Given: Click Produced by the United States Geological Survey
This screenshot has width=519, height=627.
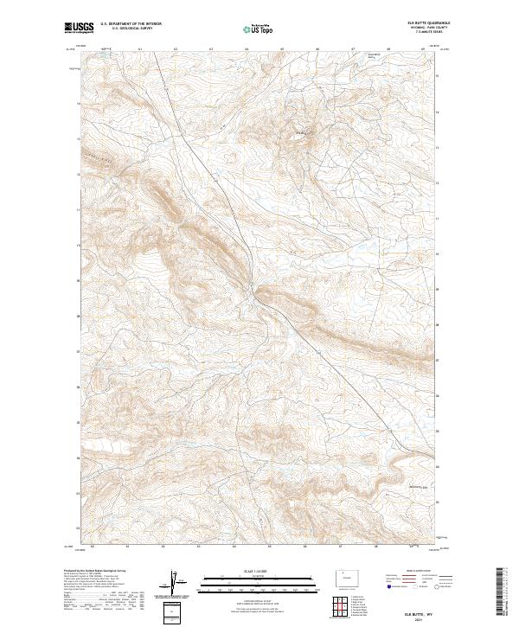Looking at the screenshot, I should pos(99,572).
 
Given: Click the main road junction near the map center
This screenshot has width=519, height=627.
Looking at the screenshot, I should pos(253,286).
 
